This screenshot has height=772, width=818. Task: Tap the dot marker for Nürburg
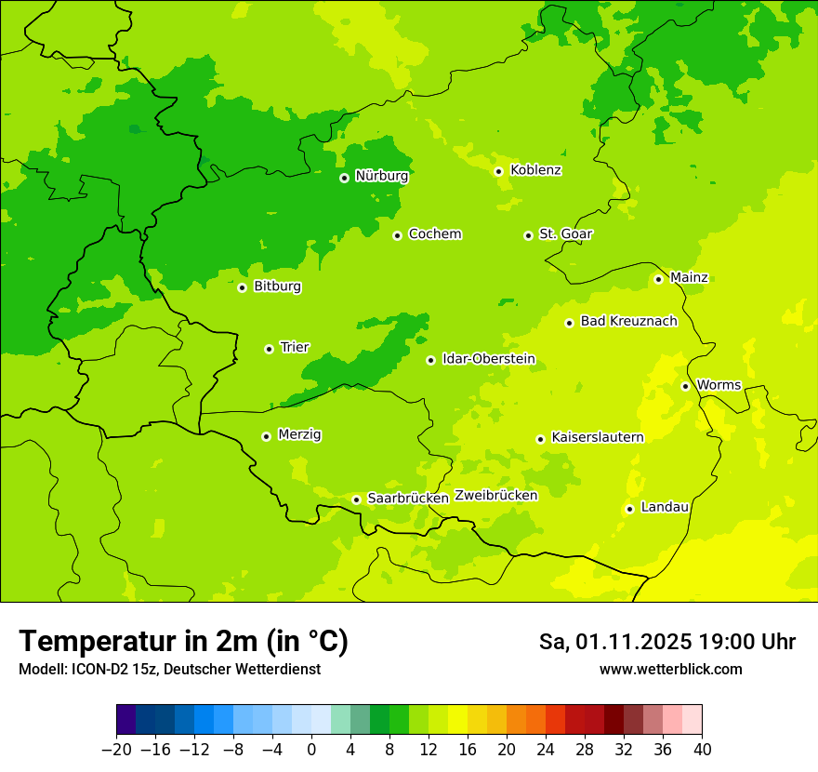tap(344, 178)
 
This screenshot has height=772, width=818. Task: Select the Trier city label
tap(295, 347)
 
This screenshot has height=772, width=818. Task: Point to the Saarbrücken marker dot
tap(356, 499)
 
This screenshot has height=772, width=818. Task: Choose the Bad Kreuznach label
tap(628, 321)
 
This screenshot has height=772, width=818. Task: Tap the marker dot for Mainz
tap(658, 279)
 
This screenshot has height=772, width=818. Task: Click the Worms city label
tap(719, 385)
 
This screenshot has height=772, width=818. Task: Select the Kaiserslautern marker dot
tap(540, 439)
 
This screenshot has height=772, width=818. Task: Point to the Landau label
tap(665, 507)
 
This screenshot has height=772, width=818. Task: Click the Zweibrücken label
tap(495, 495)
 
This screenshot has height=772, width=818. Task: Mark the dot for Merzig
tap(266, 436)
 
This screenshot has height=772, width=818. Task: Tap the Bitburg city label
tap(277, 286)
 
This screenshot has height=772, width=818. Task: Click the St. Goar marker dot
tap(528, 235)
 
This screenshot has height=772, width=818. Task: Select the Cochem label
tap(434, 233)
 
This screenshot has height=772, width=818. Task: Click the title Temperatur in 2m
tap(183, 641)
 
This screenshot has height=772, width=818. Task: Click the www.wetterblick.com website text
tap(670, 669)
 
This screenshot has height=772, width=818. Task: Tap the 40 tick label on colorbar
tap(702, 750)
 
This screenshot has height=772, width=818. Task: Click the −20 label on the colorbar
tap(116, 750)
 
